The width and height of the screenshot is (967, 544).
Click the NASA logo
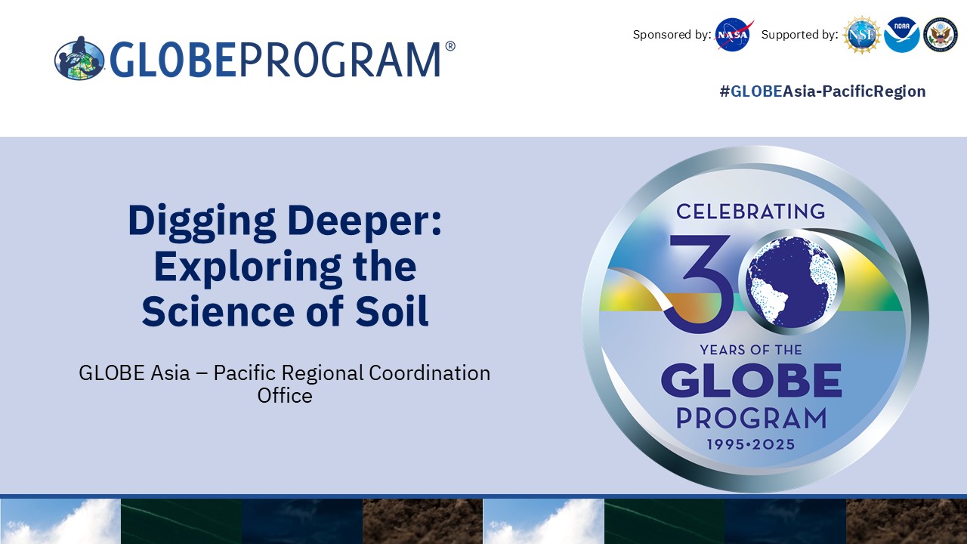pyautogui.click(x=734, y=35)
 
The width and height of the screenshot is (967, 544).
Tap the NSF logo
pyautogui.click(x=862, y=35)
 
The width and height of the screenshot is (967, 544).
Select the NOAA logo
pyautogui.click(x=902, y=35)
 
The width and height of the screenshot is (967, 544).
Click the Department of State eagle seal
pyautogui.click(x=941, y=35)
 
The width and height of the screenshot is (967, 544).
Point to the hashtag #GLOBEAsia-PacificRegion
pyautogui.click(x=823, y=91)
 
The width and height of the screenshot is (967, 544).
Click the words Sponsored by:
pyautogui.click(x=672, y=35)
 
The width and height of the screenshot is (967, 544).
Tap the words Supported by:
pyautogui.click(x=799, y=35)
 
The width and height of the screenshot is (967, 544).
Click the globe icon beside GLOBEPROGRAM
pyautogui.click(x=79, y=59)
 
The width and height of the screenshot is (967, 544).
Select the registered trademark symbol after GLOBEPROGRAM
pyautogui.click(x=450, y=46)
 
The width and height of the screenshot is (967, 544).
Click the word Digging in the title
pyautogui.click(x=202, y=221)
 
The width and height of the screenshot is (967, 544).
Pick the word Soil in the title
pyautogui.click(x=391, y=311)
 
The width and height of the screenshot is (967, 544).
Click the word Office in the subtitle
pyautogui.click(x=285, y=395)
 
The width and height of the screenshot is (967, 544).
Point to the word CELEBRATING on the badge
pyautogui.click(x=751, y=212)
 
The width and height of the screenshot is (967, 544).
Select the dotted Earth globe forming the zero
pyautogui.click(x=791, y=282)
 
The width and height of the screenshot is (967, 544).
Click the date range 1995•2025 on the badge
pyautogui.click(x=751, y=444)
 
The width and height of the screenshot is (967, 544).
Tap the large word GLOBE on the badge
pyautogui.click(x=752, y=380)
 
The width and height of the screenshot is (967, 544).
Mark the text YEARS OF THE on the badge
pyautogui.click(x=751, y=350)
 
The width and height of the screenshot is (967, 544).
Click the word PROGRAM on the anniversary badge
pyautogui.click(x=751, y=418)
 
